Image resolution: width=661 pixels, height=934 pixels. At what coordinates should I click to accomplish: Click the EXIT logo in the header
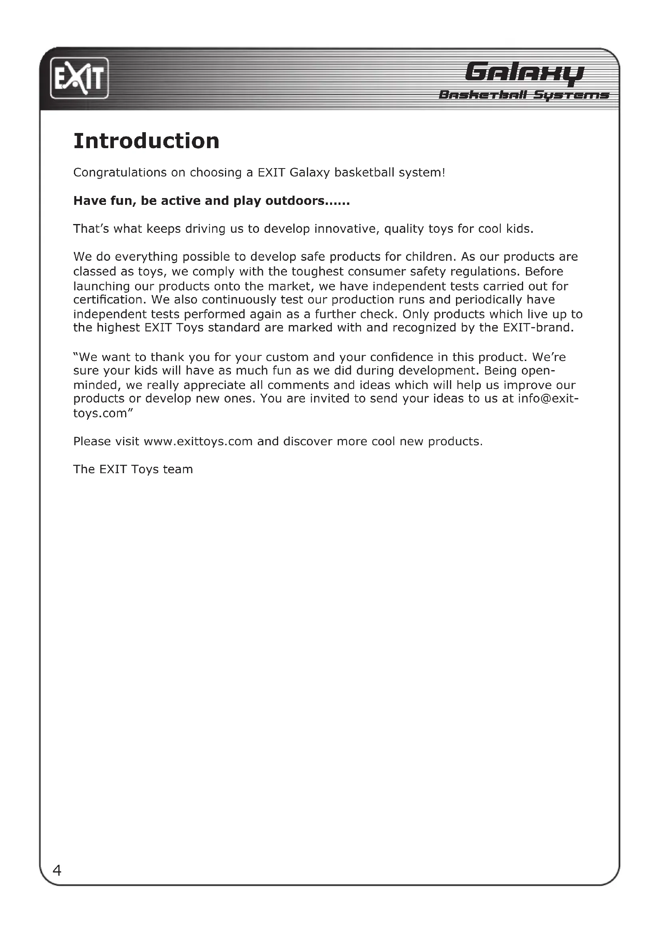click(80, 78)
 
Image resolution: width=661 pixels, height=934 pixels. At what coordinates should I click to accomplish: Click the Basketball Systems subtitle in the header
click(524, 95)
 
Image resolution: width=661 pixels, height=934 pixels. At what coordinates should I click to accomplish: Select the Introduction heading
click(146, 141)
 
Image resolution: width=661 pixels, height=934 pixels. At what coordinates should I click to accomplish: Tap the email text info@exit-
click(548, 398)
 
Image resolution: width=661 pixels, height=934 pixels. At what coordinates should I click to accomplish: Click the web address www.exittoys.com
click(198, 441)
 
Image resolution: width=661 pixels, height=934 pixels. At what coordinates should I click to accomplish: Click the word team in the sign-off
click(178, 470)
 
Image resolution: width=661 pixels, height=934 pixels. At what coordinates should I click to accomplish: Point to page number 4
click(57, 871)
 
